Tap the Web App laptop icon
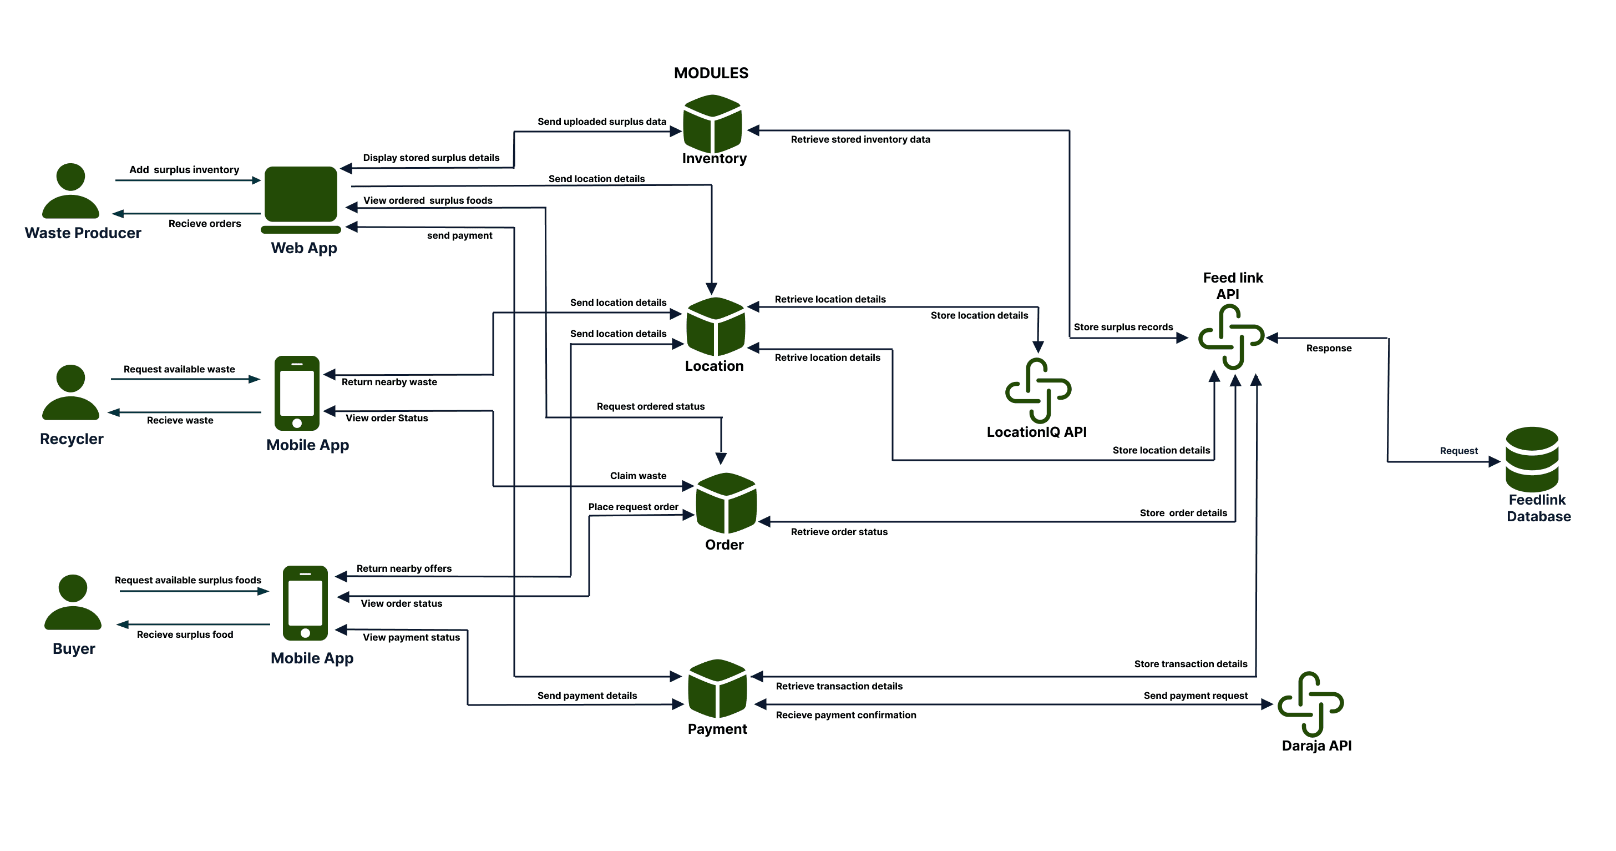pyautogui.click(x=301, y=198)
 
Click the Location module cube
pyautogui.click(x=715, y=326)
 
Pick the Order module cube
pyautogui.click(x=726, y=503)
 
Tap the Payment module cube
pyautogui.click(x=717, y=688)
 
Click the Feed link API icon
pyautogui.click(x=1231, y=336)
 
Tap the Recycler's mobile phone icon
pyautogui.click(x=297, y=393)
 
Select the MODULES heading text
pyautogui.click(x=711, y=73)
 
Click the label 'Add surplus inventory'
pyautogui.click(x=184, y=169)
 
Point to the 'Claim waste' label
pyautogui.click(x=638, y=476)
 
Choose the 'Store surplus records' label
pyautogui.click(x=1122, y=327)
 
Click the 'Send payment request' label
pyautogui.click(x=1195, y=696)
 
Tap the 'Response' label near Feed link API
pyautogui.click(x=1328, y=348)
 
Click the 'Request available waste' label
pyautogui.click(x=179, y=369)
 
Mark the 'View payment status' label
pyautogui.click(x=411, y=637)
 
